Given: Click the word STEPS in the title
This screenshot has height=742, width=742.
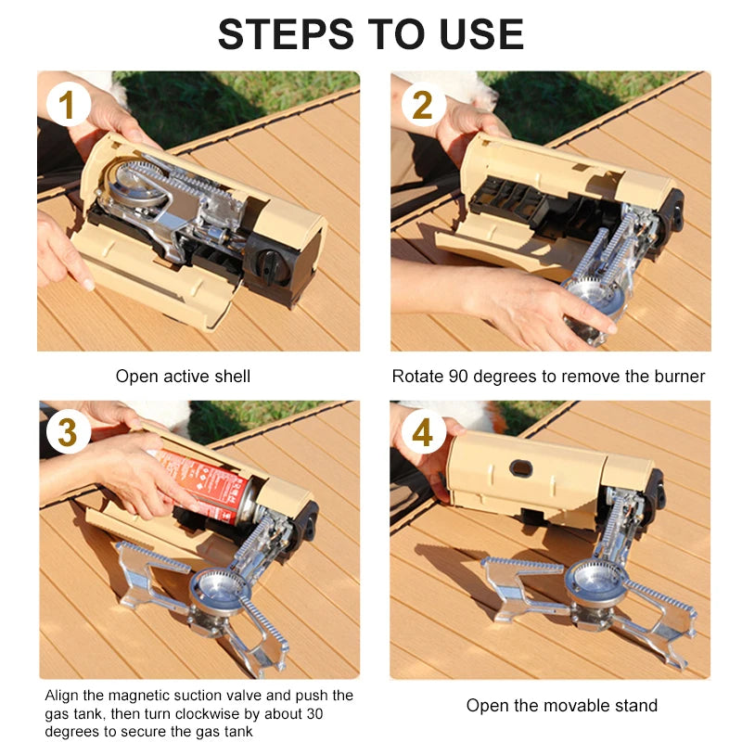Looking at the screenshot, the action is (286, 33).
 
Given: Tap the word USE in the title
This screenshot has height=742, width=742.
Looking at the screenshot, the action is (481, 33).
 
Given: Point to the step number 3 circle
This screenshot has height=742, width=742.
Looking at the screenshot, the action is (68, 432).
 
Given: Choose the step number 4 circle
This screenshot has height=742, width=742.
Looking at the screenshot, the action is (423, 432).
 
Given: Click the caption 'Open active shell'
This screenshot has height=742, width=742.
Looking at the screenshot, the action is (183, 377).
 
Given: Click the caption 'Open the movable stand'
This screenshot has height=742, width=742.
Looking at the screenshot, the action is (562, 706).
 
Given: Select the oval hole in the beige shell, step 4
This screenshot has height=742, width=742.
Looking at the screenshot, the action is (521, 468).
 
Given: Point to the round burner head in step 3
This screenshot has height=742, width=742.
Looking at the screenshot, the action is (219, 592).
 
